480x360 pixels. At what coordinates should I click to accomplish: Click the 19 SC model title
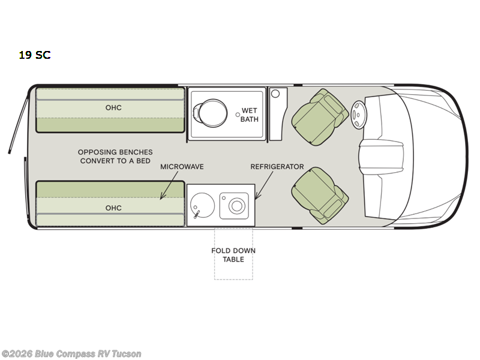click(35, 55)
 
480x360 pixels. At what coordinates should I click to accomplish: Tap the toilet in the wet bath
click(210, 113)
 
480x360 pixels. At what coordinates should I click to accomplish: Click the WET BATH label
click(250, 115)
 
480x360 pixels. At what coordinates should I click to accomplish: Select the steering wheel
click(358, 115)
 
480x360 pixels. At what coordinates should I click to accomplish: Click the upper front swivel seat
click(320, 117)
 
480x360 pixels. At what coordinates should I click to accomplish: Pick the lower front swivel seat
click(320, 196)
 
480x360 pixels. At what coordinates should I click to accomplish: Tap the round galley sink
click(202, 205)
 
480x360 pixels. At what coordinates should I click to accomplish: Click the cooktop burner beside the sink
click(236, 206)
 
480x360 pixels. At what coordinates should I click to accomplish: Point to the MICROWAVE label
click(182, 167)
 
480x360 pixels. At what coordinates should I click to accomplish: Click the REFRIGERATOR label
click(277, 167)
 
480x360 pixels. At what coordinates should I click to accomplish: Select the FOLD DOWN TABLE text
click(233, 255)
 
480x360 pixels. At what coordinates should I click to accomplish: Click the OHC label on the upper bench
click(113, 108)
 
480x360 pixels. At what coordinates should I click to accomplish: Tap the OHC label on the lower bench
click(113, 208)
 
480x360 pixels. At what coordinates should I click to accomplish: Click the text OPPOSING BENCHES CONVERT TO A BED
click(115, 157)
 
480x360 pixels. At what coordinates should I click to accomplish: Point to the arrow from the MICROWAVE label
click(169, 185)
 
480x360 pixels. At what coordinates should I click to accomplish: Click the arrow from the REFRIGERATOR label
click(264, 185)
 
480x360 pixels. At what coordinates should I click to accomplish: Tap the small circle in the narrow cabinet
click(275, 94)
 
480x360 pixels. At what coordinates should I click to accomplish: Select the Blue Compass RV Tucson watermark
click(71, 354)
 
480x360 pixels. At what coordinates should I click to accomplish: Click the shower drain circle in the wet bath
click(238, 115)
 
